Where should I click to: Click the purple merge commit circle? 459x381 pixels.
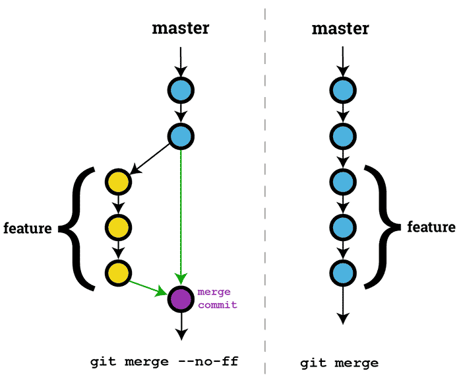(x=181, y=298)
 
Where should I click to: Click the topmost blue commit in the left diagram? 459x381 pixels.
(x=181, y=89)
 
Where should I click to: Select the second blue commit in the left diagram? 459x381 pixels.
(x=181, y=136)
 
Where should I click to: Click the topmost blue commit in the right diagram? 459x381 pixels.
(x=342, y=89)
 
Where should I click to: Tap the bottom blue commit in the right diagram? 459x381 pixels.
(x=342, y=272)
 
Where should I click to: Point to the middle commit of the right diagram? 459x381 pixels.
(x=342, y=180)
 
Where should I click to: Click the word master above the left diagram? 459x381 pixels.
(x=181, y=28)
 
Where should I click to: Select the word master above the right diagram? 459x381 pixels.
(x=340, y=28)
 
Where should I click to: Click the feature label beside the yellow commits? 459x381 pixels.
(x=28, y=228)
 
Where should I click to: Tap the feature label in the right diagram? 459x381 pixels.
(x=431, y=227)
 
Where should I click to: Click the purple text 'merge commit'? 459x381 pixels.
(x=217, y=298)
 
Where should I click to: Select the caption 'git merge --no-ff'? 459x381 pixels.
(x=164, y=362)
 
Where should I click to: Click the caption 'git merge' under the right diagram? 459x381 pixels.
(x=340, y=363)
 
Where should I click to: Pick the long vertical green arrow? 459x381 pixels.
(x=181, y=211)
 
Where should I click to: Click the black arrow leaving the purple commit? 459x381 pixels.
(x=181, y=327)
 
